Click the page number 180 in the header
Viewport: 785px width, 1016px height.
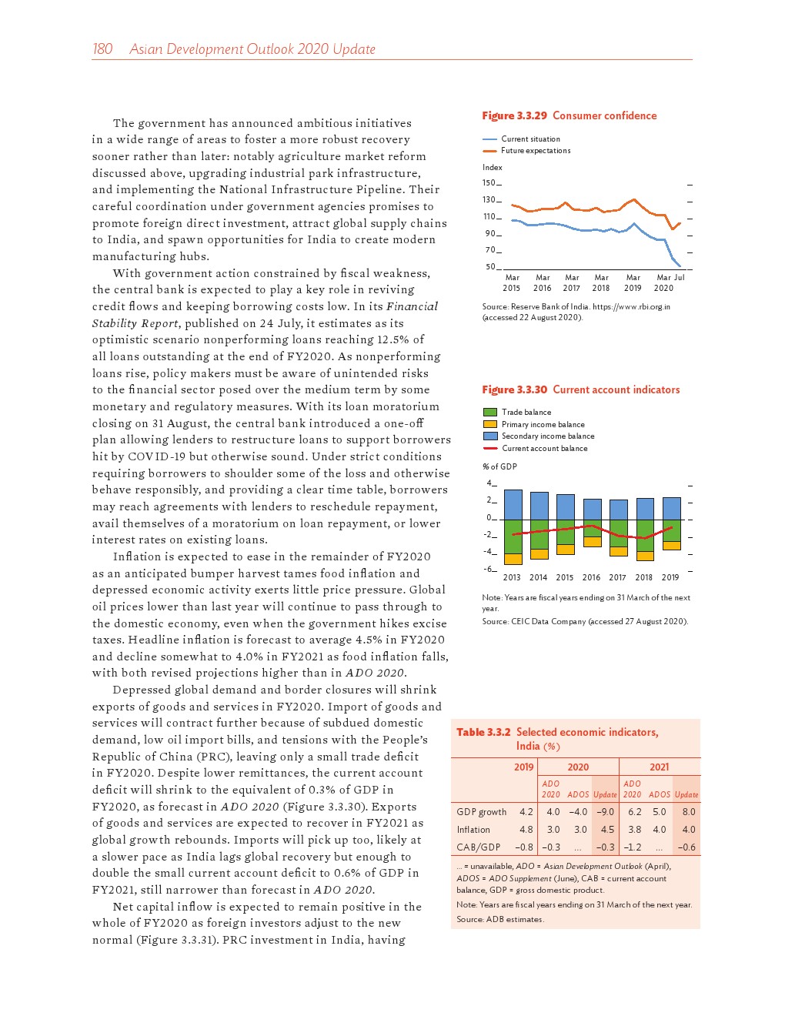[102, 49]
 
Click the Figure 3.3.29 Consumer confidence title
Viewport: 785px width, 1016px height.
[569, 115]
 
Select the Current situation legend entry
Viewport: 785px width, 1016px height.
[530, 139]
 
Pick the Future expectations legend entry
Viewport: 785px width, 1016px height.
[536, 151]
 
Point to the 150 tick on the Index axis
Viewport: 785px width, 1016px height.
[489, 183]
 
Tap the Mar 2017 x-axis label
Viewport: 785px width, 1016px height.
[572, 282]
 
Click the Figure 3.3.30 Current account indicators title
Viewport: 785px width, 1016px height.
[580, 389]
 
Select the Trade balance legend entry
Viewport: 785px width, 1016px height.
[526, 413]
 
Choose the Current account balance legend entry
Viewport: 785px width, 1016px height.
[544, 448]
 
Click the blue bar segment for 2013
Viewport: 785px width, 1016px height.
[513, 505]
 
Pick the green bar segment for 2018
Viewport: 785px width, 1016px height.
[645, 536]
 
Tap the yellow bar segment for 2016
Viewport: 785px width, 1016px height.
[592, 542]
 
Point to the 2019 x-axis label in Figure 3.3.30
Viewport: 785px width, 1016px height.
[670, 577]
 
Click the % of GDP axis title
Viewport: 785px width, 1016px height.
[499, 466]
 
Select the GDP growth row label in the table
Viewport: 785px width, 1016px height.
[482, 812]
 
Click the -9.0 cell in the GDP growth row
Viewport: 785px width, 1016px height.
[606, 812]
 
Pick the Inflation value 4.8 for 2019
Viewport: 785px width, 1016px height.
[526, 830]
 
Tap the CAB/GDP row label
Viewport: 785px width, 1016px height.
[478, 847]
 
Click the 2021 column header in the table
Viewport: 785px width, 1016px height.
[660, 767]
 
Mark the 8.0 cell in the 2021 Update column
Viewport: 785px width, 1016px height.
[689, 812]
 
